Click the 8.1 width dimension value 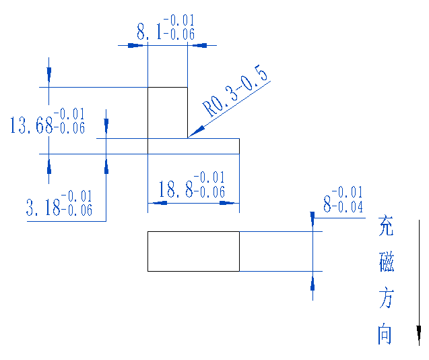150,32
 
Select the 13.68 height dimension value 30,125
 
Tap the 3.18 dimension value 43,208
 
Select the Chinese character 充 385,226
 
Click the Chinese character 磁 386,261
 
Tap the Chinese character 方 385,297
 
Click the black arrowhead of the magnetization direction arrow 419,334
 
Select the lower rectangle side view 193,251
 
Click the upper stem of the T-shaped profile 167,112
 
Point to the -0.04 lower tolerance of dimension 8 348,206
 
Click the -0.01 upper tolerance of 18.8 209,178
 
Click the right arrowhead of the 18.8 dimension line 231,202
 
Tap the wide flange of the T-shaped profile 193,146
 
